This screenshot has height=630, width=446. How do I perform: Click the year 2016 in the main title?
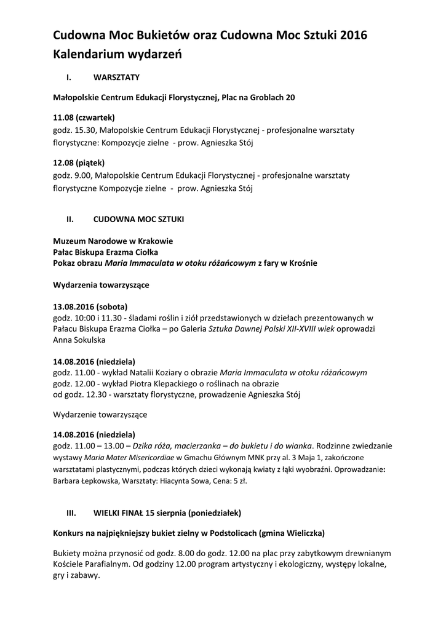[353, 36]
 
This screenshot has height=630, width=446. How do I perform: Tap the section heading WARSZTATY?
[117, 78]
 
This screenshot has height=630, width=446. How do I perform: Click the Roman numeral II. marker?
[70, 218]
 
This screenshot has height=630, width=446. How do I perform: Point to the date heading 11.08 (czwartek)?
[84, 117]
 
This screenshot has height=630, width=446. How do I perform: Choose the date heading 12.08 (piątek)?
[79, 163]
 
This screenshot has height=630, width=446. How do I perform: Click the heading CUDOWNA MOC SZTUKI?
[138, 218]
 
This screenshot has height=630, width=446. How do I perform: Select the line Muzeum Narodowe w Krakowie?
[113, 241]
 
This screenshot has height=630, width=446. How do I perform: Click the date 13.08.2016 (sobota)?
[91, 306]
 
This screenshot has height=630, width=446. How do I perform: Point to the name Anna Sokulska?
[79, 340]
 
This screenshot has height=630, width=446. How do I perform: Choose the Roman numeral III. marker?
[70, 512]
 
